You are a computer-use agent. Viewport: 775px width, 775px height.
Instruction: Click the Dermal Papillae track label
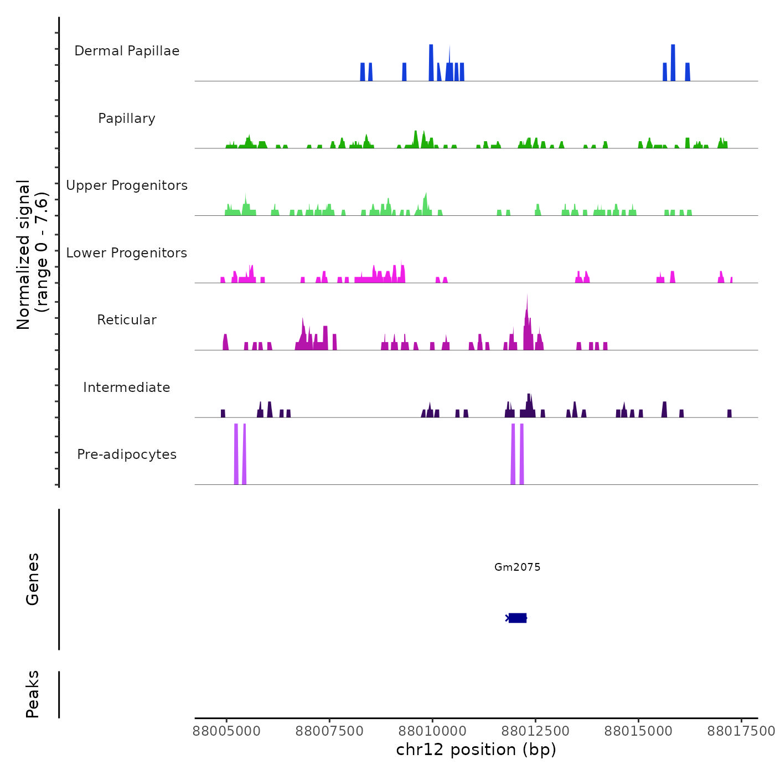pyautogui.click(x=127, y=51)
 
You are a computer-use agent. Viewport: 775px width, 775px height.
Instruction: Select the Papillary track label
pyautogui.click(x=127, y=118)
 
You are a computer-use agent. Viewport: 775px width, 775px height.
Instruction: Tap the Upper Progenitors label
pyautogui.click(x=127, y=185)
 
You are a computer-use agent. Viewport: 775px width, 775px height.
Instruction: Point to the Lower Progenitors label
pyautogui.click(x=127, y=253)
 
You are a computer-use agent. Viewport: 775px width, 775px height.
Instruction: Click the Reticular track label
pyautogui.click(x=127, y=320)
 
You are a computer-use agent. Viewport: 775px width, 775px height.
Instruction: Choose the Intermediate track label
pyautogui.click(x=127, y=387)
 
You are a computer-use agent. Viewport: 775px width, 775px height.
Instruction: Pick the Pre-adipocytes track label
pyautogui.click(x=127, y=454)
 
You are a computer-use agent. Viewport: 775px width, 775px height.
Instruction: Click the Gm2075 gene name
pyautogui.click(x=517, y=567)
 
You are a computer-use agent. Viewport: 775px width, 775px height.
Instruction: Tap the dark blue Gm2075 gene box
pyautogui.click(x=518, y=618)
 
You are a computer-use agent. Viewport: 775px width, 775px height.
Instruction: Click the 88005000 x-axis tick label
pyautogui.click(x=226, y=731)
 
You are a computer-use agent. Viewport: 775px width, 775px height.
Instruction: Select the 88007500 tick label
pyautogui.click(x=329, y=731)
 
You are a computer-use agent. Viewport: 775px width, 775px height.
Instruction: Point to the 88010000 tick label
pyautogui.click(x=432, y=731)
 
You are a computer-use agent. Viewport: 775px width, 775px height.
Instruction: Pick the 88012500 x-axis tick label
pyautogui.click(x=535, y=731)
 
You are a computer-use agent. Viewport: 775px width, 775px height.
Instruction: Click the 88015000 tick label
pyautogui.click(x=638, y=731)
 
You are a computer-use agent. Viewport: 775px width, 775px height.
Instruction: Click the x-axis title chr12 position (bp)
pyautogui.click(x=476, y=750)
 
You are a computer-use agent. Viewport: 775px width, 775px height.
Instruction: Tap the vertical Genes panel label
pyautogui.click(x=33, y=579)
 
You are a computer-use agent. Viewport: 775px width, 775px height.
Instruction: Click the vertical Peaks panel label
pyautogui.click(x=33, y=694)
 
